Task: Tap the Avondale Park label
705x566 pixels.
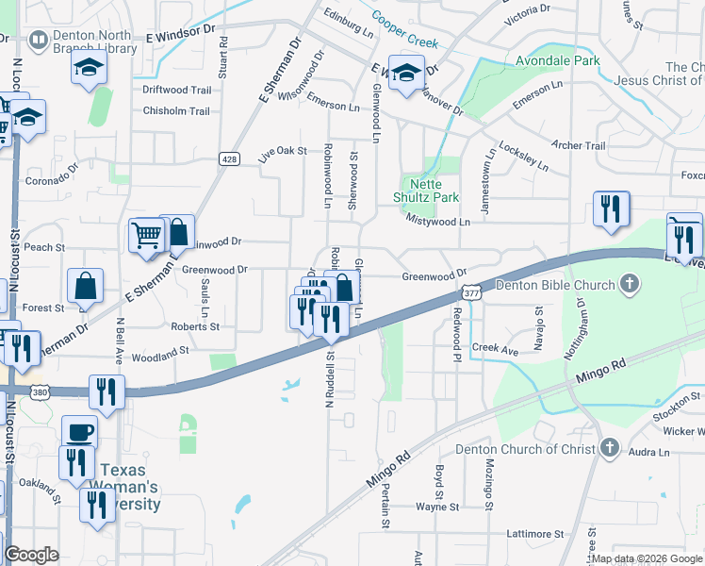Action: (557, 60)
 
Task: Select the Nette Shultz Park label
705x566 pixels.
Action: (425, 191)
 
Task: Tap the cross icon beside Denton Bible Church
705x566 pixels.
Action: (629, 284)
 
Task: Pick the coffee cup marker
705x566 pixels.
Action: (79, 431)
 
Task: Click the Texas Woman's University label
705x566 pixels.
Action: (130, 487)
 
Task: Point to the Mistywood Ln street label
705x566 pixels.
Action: (437, 221)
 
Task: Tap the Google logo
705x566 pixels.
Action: (31, 555)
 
